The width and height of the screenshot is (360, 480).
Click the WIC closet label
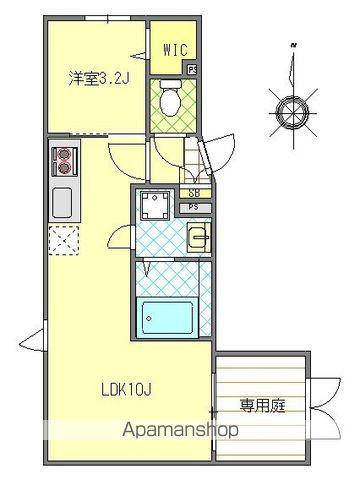coord(174,48)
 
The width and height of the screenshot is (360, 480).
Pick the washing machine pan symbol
coord(156,208)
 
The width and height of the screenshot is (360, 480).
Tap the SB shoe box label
coord(194,193)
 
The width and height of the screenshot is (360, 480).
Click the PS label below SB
coord(194,208)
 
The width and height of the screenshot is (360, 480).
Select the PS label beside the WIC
coord(191,69)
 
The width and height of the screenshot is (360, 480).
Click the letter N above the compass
coord(292,46)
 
